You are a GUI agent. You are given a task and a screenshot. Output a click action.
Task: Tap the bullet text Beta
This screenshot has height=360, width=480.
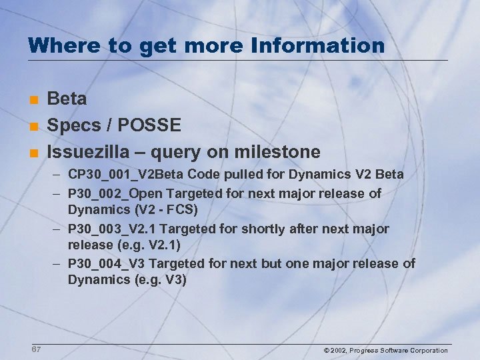67,99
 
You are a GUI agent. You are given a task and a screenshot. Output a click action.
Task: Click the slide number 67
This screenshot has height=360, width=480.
35,349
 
